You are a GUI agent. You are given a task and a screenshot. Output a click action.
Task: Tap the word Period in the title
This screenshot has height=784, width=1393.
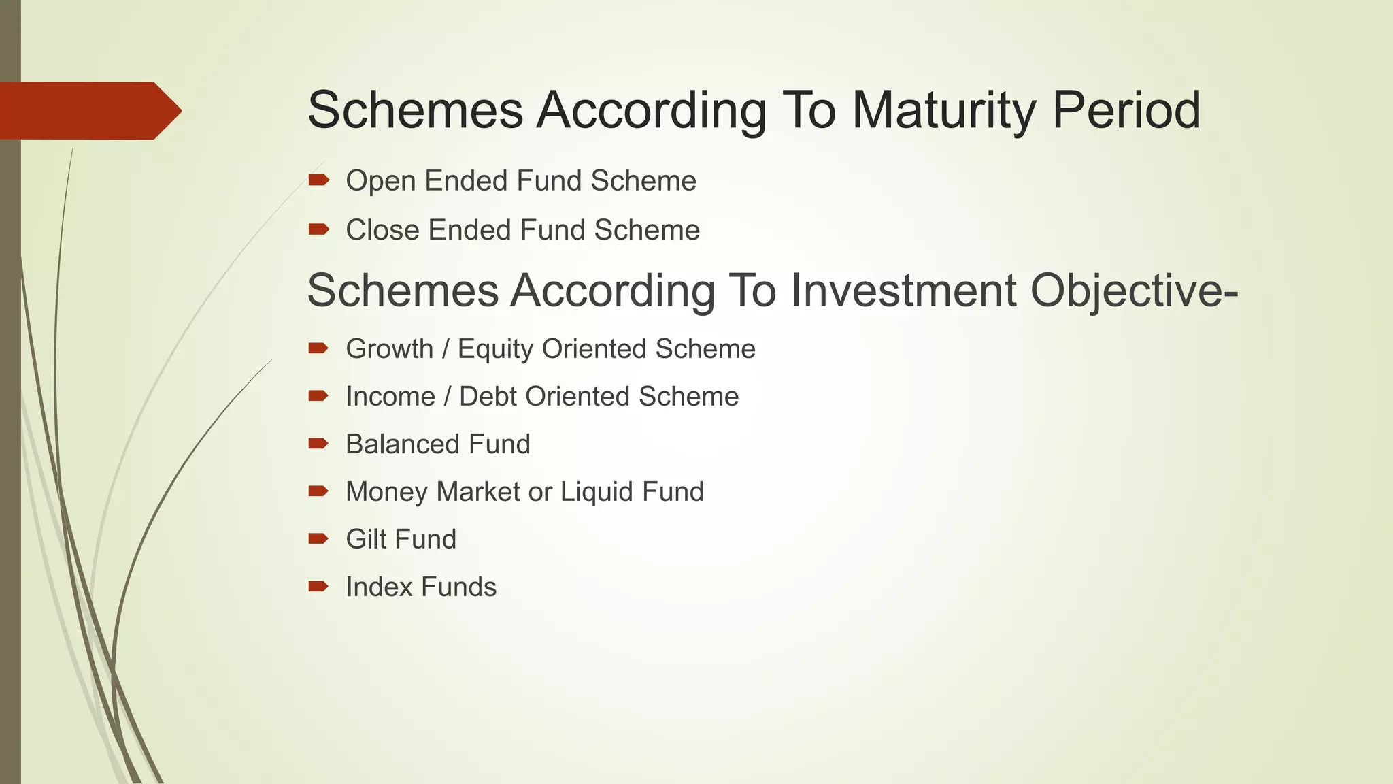pos(1126,110)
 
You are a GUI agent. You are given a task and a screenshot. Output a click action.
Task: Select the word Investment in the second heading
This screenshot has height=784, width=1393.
pos(903,291)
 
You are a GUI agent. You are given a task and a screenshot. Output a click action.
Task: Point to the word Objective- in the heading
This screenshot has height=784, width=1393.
pos(1134,291)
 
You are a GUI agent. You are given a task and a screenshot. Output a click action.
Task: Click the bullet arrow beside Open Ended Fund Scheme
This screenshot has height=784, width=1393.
pos(318,180)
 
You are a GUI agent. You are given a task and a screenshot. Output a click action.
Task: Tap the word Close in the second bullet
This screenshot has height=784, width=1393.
pos(382,230)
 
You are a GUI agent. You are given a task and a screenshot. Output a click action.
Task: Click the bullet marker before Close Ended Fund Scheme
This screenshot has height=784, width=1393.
pos(318,229)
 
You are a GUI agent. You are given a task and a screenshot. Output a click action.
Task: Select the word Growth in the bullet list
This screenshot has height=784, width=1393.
pos(389,349)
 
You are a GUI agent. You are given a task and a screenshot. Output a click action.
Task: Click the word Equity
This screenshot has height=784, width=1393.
pos(496,349)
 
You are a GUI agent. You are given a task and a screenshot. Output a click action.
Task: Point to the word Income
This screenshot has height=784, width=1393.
pos(390,397)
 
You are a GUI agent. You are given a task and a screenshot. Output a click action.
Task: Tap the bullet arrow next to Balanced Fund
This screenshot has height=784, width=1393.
pos(318,444)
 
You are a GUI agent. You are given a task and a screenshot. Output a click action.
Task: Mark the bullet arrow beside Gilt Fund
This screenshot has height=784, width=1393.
pos(318,539)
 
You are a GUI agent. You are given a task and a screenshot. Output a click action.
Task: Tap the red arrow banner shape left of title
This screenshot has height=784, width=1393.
pos(88,111)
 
